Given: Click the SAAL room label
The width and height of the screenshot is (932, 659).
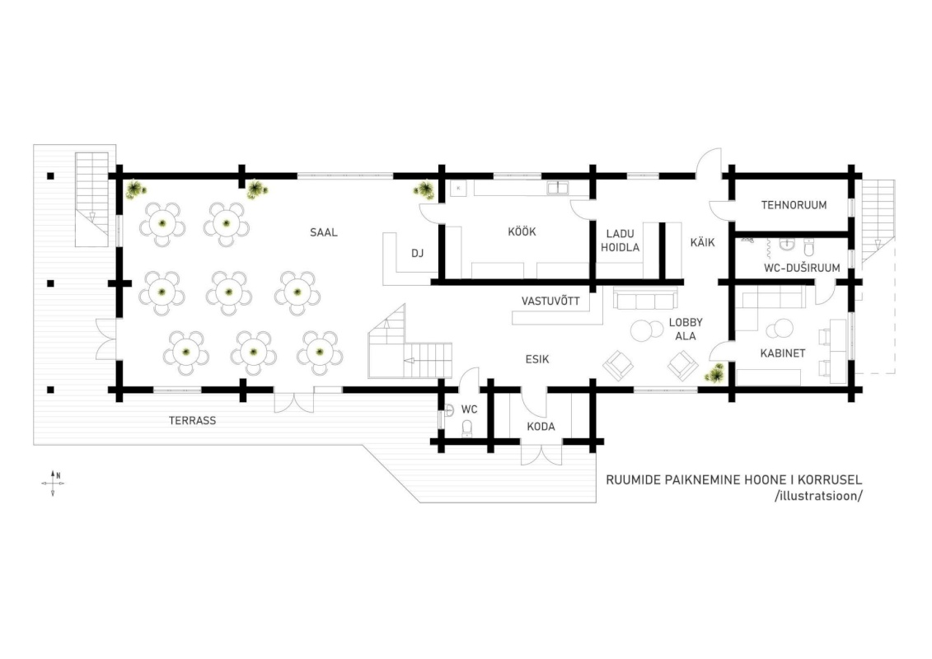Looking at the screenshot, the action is coord(323,232).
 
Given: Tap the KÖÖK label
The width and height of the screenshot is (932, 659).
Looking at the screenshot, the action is coord(522,231).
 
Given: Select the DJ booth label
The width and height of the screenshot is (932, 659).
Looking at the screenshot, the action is coord(417,253).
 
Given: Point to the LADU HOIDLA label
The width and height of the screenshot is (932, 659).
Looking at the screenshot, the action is coord(620,241).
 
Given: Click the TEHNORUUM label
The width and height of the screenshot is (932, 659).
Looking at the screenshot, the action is coord(794,205).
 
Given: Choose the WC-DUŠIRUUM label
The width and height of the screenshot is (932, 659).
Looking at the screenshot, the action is coord(802,268).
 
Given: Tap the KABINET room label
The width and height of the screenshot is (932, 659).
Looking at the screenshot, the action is coord(783,353).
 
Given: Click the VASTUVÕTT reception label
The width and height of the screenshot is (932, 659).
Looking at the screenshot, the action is coord(550,301).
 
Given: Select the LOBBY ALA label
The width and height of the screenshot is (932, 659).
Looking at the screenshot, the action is coord(686,329).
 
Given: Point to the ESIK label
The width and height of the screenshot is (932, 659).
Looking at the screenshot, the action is coord(536,359).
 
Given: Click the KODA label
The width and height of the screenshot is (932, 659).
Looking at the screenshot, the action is coord(541,427).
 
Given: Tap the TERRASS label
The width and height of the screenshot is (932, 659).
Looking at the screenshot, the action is coord(192,421).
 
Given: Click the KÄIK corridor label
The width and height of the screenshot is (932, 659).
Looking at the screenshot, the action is coord(702,242).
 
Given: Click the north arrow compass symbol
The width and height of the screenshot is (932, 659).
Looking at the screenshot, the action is coord(53,483).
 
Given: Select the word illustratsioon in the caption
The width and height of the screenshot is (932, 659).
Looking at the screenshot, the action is coord(818,496).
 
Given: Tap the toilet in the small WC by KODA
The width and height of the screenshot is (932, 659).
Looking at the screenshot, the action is coord(466,428).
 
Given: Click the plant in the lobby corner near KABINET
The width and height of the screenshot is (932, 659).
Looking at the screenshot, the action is coord(714,374).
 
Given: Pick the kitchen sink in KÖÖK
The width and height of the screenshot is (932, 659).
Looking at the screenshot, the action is coord(558,188).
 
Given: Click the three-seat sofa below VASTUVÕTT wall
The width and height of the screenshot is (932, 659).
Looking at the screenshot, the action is coord(645,300).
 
